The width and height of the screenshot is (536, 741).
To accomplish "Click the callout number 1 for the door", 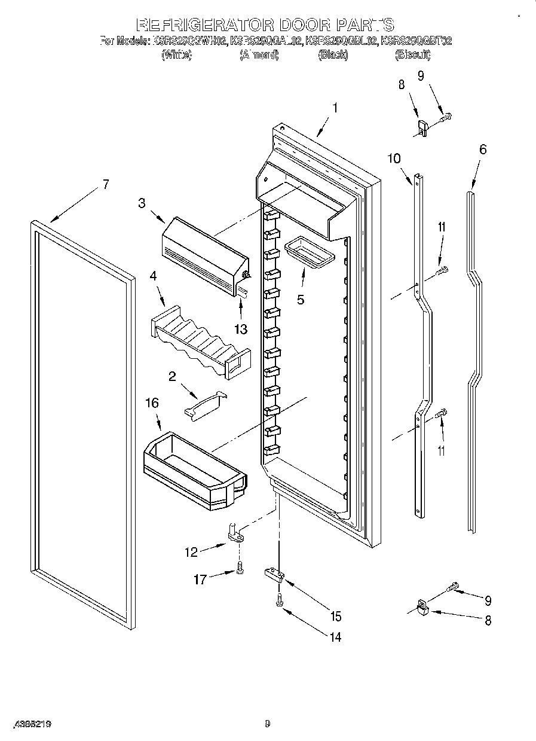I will [335, 108].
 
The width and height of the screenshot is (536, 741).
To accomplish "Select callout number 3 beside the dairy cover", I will [142, 203].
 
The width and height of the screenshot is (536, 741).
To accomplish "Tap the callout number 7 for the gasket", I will [105, 185].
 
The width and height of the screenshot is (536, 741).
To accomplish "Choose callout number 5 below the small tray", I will [300, 300].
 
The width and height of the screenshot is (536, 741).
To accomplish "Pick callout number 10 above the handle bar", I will [394, 158].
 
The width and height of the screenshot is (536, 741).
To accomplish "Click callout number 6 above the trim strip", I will [482, 150].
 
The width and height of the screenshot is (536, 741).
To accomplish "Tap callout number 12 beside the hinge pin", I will [191, 553].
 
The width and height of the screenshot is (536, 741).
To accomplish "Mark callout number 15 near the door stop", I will [336, 616].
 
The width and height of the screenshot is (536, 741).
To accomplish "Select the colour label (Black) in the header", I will [333, 55].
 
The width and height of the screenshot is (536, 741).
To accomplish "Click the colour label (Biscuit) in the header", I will [412, 55].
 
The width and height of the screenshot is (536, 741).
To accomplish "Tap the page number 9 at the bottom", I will [268, 724].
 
